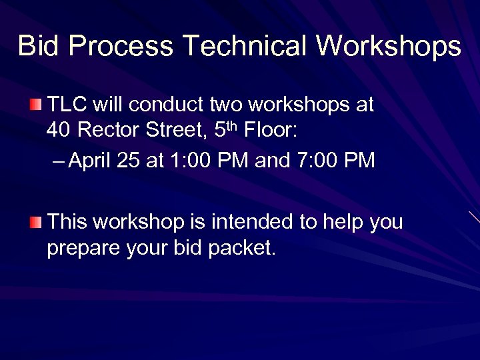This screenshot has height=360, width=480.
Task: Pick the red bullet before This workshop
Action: tap(35, 221)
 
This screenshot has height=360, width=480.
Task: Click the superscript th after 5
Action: tap(233, 124)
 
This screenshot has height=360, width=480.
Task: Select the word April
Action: tap(90, 161)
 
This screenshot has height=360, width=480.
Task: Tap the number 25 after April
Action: tap(129, 161)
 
